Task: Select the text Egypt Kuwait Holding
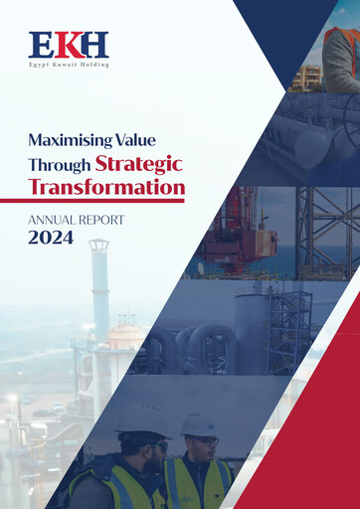[69, 65]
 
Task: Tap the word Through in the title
[59, 163]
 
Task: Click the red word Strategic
[139, 163]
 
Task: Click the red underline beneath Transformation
[106, 201]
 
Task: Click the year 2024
[51, 239]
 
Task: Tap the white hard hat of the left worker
[142, 418]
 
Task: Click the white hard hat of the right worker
[200, 425]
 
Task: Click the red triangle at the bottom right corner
[318, 437]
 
